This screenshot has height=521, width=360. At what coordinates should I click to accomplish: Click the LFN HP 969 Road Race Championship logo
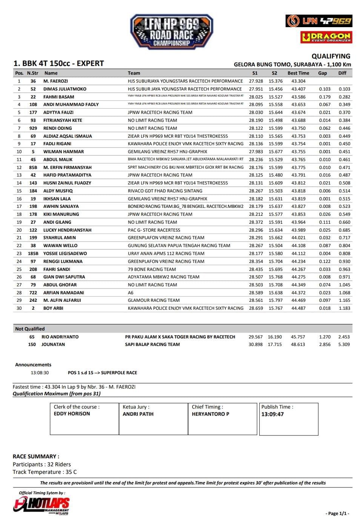coord(172,32)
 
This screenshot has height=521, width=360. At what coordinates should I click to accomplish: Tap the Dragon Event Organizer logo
coord(326,37)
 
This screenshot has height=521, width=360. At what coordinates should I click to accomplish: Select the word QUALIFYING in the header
coord(331,56)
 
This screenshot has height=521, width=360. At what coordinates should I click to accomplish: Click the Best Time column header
coord(298,73)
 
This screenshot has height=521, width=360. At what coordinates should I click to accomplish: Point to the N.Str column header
coord(33,73)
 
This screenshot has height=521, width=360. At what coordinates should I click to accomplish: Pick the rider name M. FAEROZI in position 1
coord(55,81)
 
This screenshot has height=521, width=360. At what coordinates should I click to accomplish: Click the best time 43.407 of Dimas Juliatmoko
coord(298,89)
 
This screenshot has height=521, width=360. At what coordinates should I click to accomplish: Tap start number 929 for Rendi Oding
coord(33,128)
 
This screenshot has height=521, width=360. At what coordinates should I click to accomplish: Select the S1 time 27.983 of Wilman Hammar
coord(256,152)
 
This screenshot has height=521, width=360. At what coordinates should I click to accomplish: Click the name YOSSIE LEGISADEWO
coord(65,254)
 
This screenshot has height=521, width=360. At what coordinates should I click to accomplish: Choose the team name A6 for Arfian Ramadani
coord(131,293)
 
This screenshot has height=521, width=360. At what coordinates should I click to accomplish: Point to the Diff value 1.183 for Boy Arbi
coord(344,308)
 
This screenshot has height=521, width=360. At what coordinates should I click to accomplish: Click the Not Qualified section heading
coord(30,329)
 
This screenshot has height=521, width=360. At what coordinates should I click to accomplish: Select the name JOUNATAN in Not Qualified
coord(53,344)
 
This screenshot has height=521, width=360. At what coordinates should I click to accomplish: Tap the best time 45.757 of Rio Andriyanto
coord(298,337)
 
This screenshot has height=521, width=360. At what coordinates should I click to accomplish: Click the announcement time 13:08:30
coord(40,373)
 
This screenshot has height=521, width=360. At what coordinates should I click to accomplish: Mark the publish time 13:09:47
coord(272,414)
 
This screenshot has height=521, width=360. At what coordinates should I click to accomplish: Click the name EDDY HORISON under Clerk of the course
coord(72,414)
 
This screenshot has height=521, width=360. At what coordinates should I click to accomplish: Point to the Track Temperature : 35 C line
coord(45,472)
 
